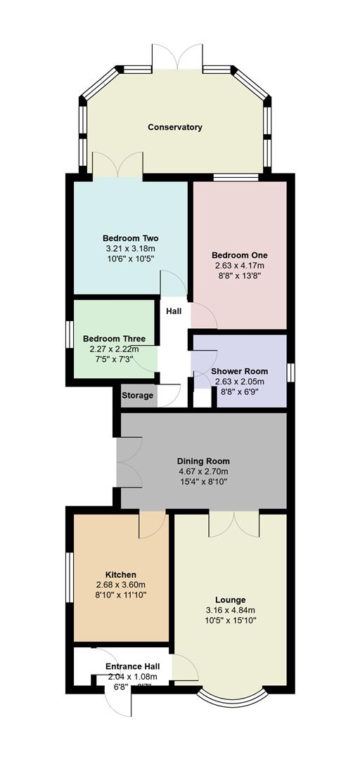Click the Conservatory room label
(x=175, y=127)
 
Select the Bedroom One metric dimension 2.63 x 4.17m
(x=239, y=266)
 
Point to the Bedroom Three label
(x=114, y=339)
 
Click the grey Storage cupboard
(x=137, y=396)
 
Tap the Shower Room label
(x=239, y=372)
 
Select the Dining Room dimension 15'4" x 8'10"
(x=202, y=482)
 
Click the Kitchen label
(x=120, y=574)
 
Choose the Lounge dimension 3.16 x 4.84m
(x=230, y=610)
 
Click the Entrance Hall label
(x=132, y=666)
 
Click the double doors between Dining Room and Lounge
(x=233, y=523)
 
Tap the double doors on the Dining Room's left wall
(x=129, y=461)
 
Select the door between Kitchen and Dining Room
(x=152, y=521)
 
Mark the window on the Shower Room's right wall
(x=290, y=371)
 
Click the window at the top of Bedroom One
(x=239, y=178)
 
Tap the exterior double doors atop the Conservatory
(x=177, y=58)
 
